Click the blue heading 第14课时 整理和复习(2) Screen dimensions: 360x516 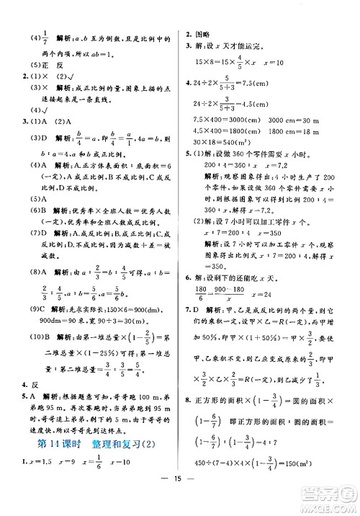click(x=89, y=444)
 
